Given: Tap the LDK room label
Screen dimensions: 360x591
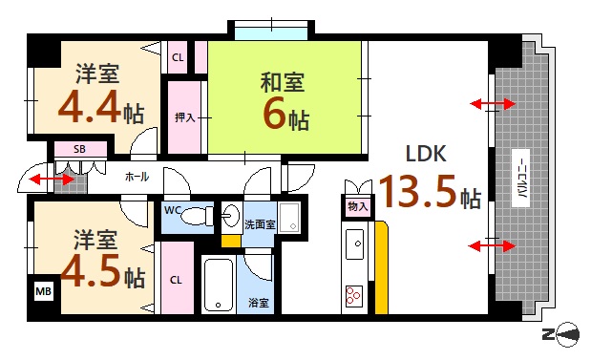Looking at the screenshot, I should [427, 155].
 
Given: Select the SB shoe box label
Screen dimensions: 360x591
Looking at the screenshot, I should [80, 150].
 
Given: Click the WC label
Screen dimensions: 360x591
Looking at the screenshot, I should [173, 209].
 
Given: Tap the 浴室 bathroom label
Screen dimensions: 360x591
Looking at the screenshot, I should [259, 303].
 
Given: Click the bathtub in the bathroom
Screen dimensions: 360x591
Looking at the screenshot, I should [219, 284].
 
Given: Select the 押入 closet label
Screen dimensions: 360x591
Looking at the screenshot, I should [184, 117].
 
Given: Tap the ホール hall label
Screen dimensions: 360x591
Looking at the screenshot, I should [136, 177].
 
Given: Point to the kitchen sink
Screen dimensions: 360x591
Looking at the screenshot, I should [354, 244].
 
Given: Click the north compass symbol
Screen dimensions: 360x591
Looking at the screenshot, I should [564, 333].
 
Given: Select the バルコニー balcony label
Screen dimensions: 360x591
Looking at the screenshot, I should [524, 177].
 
